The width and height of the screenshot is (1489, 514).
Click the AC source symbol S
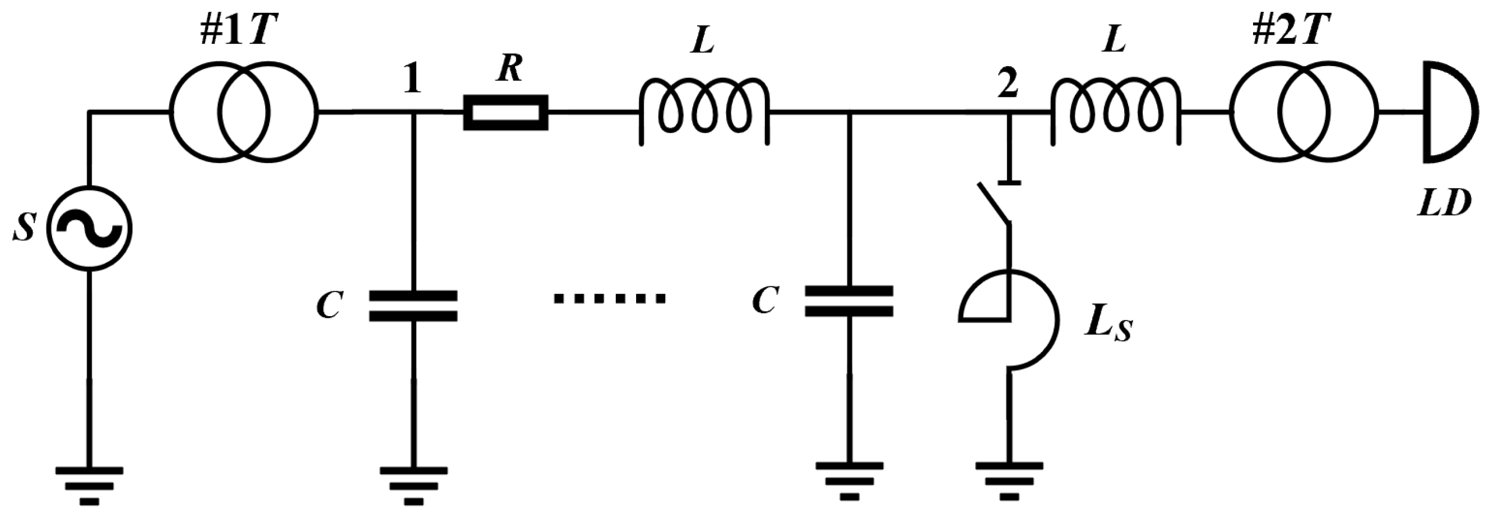pyautogui.click(x=89, y=229)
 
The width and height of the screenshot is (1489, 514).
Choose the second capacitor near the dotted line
pyautogui.click(x=848, y=301)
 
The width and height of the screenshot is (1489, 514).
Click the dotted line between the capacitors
pyautogui.click(x=609, y=299)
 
